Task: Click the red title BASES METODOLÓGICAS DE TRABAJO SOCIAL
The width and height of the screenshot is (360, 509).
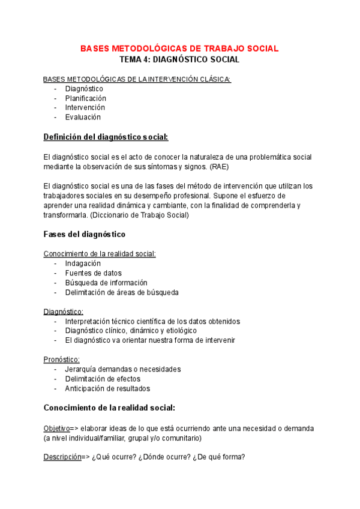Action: coord(179,48)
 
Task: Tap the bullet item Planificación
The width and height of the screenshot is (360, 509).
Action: coord(85,98)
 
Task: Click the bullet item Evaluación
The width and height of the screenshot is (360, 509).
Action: coord(83,117)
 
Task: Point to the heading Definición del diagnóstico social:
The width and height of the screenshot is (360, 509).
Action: coord(106,137)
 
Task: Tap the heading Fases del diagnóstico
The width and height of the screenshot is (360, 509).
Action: coord(85,234)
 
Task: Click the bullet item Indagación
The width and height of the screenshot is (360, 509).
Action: coord(83,264)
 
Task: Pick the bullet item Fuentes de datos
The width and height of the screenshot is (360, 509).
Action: coord(93,273)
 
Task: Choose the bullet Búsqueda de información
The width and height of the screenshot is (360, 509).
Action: coord(106,283)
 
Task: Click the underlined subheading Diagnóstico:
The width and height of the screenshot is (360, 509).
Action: coord(63,312)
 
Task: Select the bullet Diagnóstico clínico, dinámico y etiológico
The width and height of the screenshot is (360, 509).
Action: coord(131,331)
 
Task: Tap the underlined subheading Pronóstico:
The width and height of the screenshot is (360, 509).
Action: coord(61,359)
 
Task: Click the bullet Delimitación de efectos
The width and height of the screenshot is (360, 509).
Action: coord(103,379)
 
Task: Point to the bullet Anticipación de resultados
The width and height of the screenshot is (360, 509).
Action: coord(107,388)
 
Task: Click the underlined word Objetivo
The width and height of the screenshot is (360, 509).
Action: coord(56,428)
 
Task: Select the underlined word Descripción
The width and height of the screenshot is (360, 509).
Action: coord(62,457)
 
